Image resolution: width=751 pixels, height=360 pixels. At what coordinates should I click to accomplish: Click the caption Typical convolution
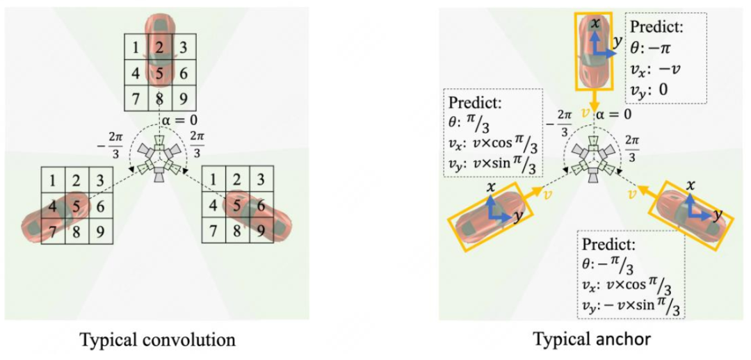158,340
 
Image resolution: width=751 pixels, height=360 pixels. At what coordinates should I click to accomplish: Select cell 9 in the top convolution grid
183,97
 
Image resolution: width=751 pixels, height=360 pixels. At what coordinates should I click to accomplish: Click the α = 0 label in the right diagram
615,113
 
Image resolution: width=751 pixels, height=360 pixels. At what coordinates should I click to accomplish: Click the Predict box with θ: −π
665,57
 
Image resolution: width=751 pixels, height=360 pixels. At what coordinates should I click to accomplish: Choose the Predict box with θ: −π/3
631,276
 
